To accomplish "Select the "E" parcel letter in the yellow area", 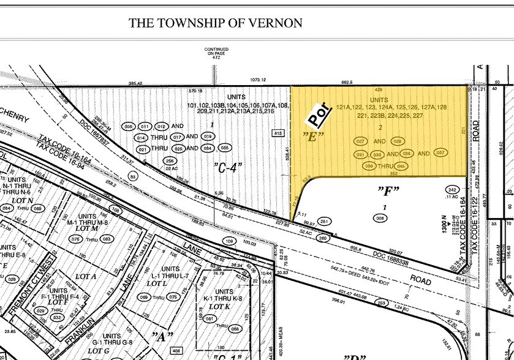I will tap(313, 136).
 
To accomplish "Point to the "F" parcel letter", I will tap(387, 190).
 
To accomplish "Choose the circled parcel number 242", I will tap(453, 190).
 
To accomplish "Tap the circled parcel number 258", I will tap(170, 160).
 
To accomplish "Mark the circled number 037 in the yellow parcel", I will tap(440, 153).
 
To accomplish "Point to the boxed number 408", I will tap(177, 351).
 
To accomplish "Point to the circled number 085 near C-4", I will tap(225, 148).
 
